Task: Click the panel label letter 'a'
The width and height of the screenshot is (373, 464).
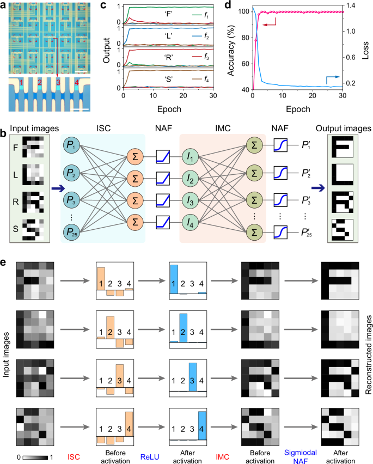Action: tap(4, 5)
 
